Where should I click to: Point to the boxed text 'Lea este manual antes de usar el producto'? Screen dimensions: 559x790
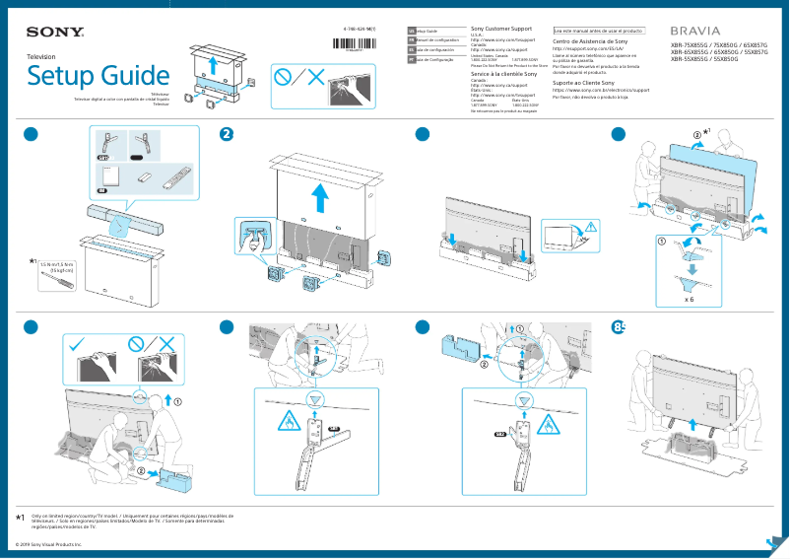(598, 31)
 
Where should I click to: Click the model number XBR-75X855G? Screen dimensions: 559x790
(691, 45)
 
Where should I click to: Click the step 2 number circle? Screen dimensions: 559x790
(227, 135)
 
